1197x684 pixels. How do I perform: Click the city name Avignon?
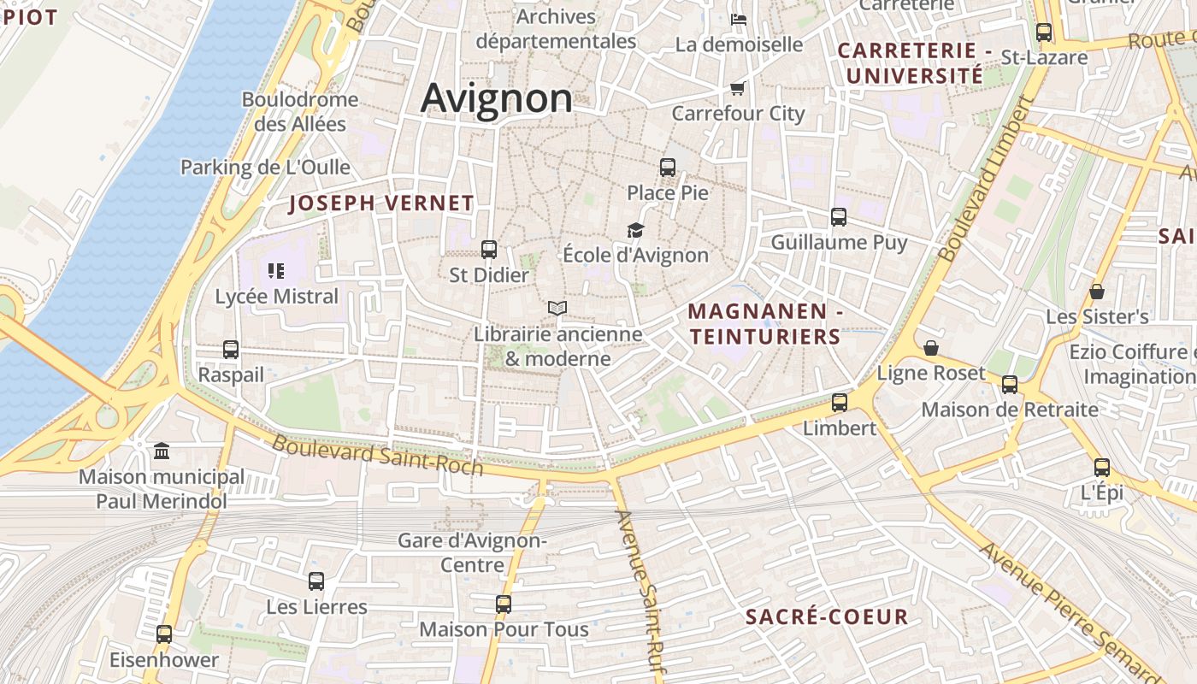point(496,97)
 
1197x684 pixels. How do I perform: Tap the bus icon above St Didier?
point(489,250)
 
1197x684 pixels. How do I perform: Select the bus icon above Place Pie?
point(668,168)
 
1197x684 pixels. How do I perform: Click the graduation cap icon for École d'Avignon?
point(635,230)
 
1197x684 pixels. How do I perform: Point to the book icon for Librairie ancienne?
point(557,308)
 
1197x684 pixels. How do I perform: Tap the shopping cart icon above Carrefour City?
point(738,88)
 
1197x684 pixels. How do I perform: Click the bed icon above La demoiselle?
point(739,19)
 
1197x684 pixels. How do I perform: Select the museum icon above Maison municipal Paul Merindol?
point(162,451)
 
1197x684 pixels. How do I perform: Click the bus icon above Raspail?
point(231,350)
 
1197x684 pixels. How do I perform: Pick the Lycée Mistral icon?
point(276,272)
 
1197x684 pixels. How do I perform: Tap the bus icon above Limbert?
point(840,403)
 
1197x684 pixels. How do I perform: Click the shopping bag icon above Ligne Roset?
point(931,348)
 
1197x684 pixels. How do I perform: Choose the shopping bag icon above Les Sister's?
point(1097,292)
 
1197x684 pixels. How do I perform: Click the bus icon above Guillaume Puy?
point(839,217)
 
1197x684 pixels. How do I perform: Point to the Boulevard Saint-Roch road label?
point(377,456)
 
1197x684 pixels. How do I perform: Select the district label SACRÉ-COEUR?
point(827,617)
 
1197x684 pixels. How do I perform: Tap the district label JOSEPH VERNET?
point(381,203)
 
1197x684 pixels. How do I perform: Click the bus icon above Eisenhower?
point(164,634)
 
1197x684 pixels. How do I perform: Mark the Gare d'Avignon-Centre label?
point(473,552)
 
